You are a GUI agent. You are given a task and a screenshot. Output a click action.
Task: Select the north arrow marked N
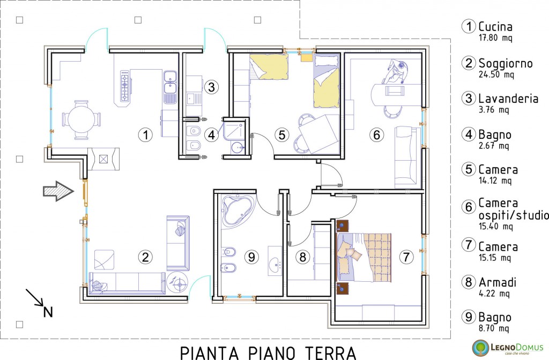tap(40, 303)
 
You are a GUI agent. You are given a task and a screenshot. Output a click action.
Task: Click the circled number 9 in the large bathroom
tap(251, 257)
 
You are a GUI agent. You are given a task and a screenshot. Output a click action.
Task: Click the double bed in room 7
tap(363, 257)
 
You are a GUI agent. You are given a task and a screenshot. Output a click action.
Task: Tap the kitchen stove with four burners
tap(125, 86)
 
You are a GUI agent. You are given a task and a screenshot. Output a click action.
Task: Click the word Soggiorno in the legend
tap(505, 63)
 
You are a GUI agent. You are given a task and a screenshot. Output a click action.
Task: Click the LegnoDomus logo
tap(508, 347)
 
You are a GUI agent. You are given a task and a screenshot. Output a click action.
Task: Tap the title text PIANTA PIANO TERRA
tap(268, 352)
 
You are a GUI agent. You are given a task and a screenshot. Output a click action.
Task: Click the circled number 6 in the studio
tap(376, 136)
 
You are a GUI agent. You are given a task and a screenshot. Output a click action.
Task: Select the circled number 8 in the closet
tap(303, 257)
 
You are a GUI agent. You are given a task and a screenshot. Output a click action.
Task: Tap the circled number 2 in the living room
tap(144, 257)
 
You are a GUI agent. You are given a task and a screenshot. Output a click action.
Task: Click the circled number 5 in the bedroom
tap(283, 136)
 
